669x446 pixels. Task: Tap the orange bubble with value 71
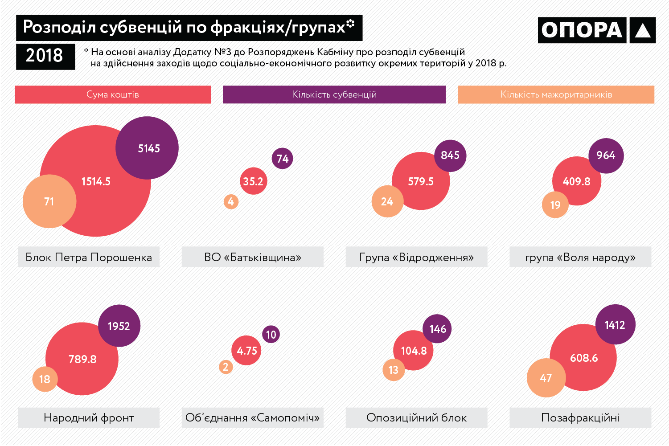49,201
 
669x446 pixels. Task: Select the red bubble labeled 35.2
253,181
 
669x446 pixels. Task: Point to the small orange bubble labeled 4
231,201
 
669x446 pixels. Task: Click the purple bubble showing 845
450,155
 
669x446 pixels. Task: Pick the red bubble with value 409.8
576,181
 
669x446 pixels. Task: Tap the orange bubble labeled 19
555,205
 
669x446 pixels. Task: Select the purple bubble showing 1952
119,326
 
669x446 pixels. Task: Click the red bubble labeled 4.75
246,351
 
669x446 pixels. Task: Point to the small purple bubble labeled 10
271,334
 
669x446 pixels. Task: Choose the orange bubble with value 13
394,370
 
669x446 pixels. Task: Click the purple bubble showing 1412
615,325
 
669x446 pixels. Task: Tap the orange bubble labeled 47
546,378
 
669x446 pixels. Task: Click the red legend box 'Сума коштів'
113,94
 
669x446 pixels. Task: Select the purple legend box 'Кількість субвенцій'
334,94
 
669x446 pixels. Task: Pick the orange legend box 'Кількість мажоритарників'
556,94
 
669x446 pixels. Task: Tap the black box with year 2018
45,56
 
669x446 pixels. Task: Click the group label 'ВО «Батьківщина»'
252,257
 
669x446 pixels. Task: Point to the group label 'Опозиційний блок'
416,417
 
